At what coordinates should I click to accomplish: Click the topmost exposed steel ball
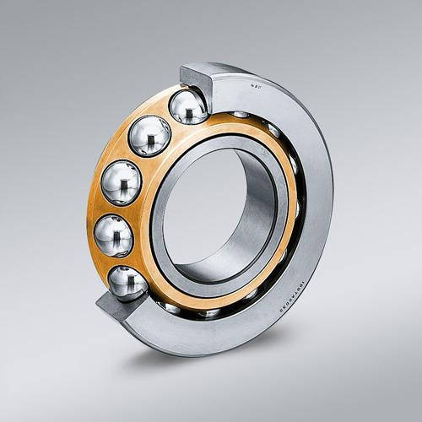(x=187, y=106)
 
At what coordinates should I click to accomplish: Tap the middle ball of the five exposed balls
(x=121, y=181)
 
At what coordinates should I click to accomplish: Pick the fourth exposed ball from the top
(x=113, y=235)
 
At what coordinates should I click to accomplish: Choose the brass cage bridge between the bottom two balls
(x=118, y=262)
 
